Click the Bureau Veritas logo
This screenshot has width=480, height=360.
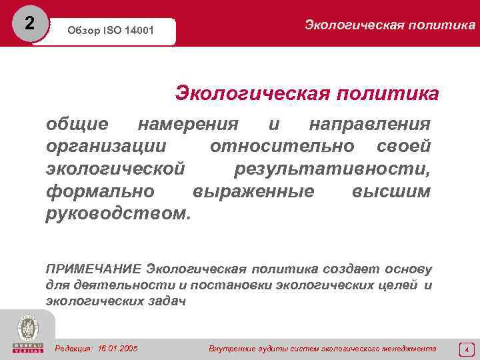click(27, 333)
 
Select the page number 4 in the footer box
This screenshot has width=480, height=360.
click(467, 349)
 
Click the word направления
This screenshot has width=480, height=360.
click(370, 125)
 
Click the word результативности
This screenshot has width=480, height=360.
click(332, 169)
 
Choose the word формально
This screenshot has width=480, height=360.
click(101, 191)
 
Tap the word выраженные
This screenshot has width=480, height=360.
click(253, 191)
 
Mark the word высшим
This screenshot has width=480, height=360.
click(391, 191)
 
